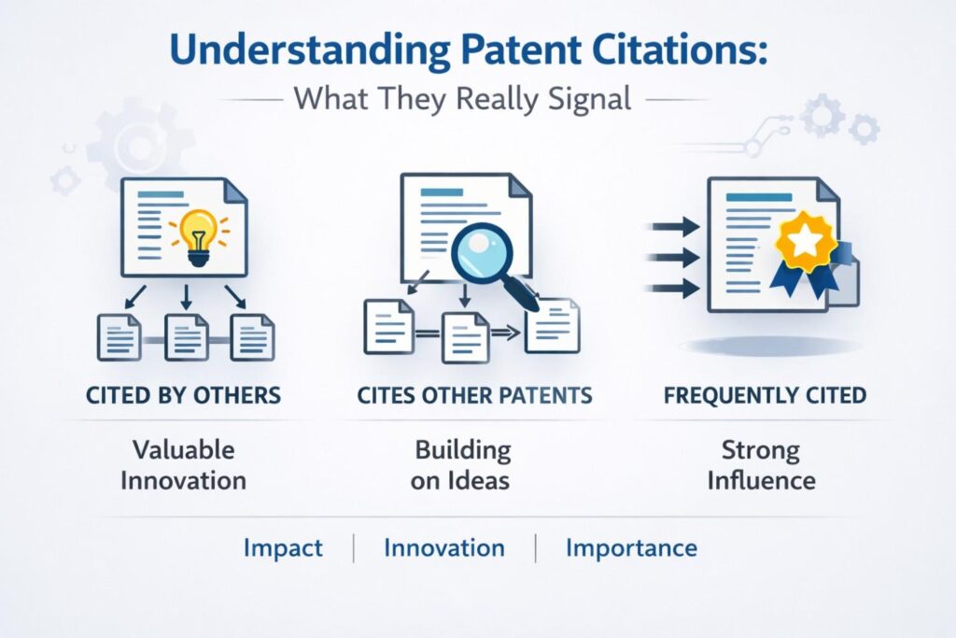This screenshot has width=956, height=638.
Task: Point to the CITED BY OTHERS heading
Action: pyautogui.click(x=184, y=395)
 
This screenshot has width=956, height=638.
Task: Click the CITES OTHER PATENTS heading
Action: pyautogui.click(x=474, y=395)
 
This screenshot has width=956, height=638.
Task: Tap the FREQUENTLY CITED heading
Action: pyautogui.click(x=765, y=395)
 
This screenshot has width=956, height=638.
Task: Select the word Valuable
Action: pyautogui.click(x=184, y=450)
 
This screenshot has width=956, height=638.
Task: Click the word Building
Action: pyautogui.click(x=463, y=451)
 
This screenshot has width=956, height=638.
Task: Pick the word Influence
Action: pyautogui.click(x=762, y=480)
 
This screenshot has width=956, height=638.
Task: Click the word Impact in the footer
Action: pyautogui.click(x=283, y=547)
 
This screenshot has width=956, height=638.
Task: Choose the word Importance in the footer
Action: pyautogui.click(x=632, y=547)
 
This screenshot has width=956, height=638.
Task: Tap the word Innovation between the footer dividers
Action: pyautogui.click(x=444, y=547)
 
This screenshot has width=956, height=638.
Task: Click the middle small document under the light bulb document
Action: pyautogui.click(x=187, y=337)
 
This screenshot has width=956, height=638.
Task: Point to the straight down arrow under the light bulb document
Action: pyautogui.click(x=187, y=297)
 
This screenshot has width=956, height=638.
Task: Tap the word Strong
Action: pyautogui.click(x=761, y=451)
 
